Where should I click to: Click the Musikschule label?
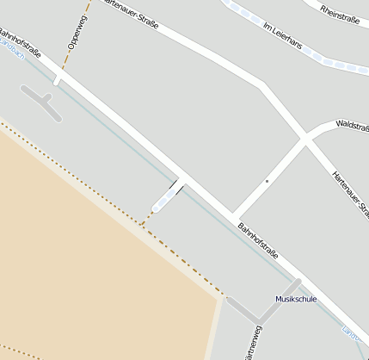[x=296, y=299]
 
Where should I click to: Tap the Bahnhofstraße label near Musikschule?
[x=259, y=242]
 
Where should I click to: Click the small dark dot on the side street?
[x=267, y=182]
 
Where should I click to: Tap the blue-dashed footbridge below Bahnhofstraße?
[x=166, y=198]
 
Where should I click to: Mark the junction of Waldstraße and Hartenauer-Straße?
[x=304, y=137]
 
